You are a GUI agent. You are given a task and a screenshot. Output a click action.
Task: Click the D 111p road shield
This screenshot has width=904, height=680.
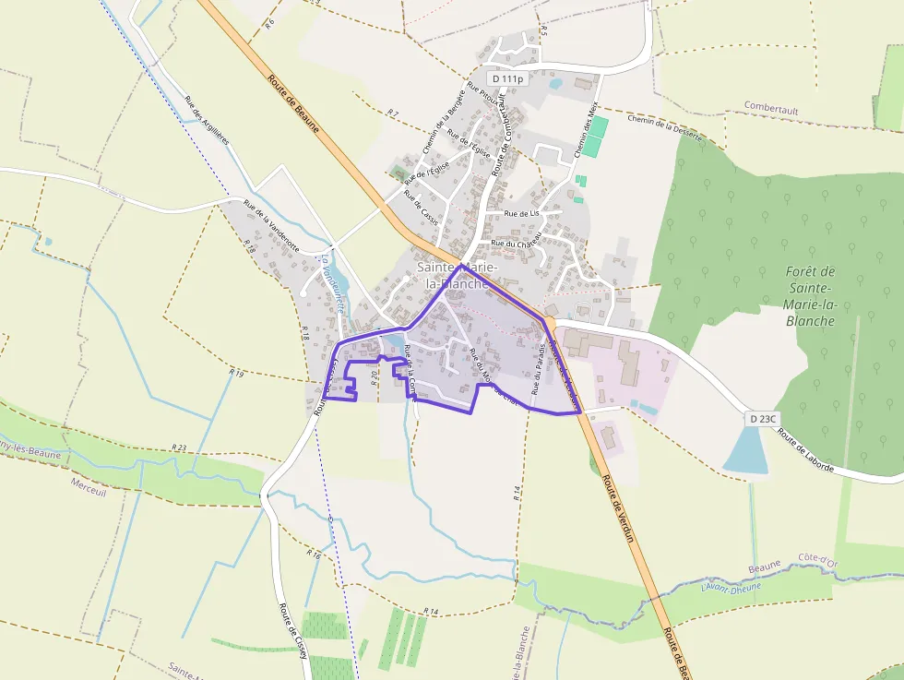[507, 79]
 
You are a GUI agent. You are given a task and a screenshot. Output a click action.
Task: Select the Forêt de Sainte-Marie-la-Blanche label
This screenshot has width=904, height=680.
[811, 296]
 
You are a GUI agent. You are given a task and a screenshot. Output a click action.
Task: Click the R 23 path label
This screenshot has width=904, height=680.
[179, 448]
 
